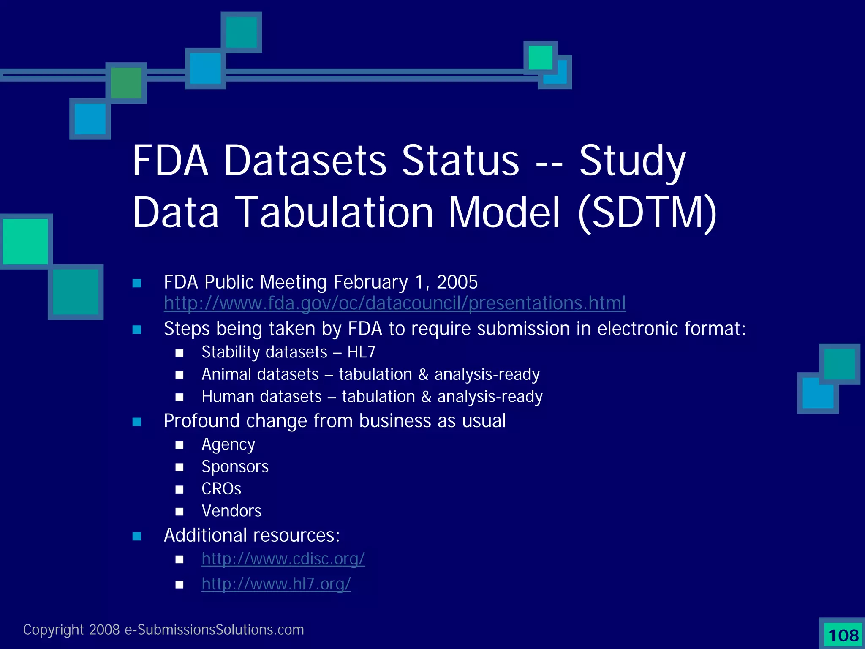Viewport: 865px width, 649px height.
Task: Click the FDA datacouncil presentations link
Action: pos(394,303)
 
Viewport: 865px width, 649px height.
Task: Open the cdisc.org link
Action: pos(283,559)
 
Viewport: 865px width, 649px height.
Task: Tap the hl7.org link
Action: pos(276,584)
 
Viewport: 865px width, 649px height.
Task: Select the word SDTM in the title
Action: pos(647,213)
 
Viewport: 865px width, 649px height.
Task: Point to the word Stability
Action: pos(231,352)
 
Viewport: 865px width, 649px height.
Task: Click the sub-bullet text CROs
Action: pos(221,489)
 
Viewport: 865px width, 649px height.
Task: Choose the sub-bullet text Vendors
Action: pos(231,511)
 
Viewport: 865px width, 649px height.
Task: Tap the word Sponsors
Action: pos(235,466)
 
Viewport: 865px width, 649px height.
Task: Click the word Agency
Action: pos(228,444)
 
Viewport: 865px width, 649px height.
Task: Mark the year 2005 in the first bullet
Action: pos(457,282)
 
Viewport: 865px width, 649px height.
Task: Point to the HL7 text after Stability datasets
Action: pos(361,352)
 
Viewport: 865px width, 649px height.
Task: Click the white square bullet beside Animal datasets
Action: pos(180,375)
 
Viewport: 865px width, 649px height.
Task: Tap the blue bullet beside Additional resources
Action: pos(136,536)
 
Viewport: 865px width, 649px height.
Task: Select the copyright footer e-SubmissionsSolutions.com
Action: pos(214,630)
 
